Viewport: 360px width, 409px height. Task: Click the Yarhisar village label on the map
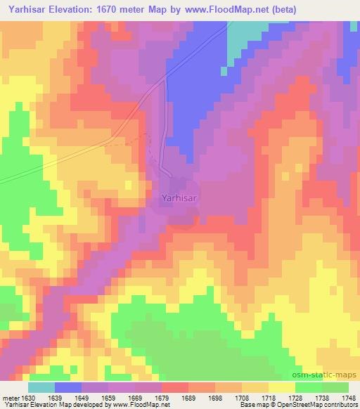[x=180, y=199]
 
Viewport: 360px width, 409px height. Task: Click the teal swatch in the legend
[x=41, y=387]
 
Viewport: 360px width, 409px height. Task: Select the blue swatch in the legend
[x=68, y=387]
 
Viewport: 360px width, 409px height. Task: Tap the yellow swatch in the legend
[x=281, y=387]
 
